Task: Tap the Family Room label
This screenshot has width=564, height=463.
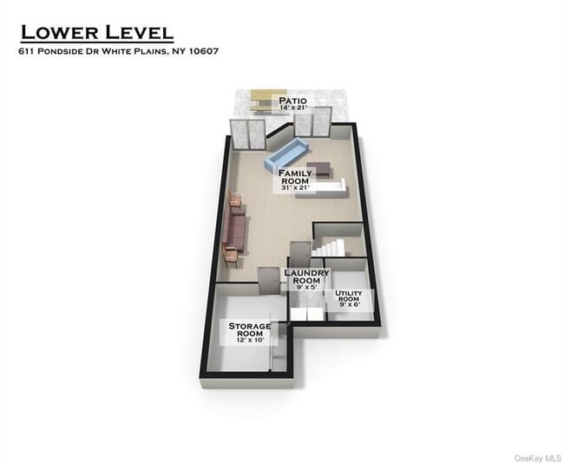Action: [295, 178]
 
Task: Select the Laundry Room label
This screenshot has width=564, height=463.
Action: [306, 277]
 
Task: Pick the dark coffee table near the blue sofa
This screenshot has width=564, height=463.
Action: [321, 169]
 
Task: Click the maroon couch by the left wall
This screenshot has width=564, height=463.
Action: [234, 230]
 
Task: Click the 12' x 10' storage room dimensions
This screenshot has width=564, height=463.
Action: [249, 340]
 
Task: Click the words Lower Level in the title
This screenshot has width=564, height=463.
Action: [96, 33]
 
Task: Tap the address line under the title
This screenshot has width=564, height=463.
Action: [118, 51]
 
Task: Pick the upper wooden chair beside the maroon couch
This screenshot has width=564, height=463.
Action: [235, 203]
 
